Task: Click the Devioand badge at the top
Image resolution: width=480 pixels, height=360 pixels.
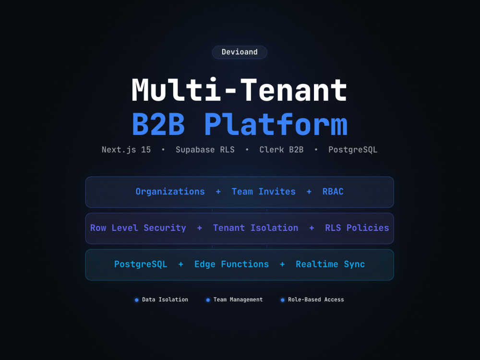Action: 240,52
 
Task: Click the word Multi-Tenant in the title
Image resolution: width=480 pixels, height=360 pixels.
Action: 240,90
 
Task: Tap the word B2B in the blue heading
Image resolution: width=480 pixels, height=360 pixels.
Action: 158,124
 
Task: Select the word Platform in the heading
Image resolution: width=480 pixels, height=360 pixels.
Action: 276,124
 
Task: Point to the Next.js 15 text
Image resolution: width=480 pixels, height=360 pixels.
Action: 126,150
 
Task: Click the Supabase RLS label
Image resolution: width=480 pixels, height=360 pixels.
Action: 205,150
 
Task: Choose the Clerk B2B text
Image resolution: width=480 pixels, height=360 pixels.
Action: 281,150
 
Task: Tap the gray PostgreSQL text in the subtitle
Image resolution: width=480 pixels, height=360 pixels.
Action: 353,150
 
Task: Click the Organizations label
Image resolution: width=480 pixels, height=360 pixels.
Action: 170,192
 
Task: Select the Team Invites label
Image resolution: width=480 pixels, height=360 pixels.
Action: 264,192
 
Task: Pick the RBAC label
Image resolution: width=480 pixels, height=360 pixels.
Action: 333,192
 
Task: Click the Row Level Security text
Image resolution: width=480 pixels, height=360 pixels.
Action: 138,228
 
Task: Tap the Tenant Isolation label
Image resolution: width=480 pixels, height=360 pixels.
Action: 256,228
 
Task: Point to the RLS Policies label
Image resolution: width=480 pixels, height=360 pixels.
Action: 357,228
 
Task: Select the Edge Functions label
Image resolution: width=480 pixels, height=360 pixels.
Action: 231,264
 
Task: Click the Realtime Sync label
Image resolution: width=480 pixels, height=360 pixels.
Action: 330,264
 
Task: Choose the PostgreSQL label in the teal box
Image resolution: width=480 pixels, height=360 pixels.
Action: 141,264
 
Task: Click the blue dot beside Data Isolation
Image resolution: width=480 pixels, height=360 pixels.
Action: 136,300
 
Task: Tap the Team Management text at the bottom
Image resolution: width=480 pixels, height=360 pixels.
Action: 238,300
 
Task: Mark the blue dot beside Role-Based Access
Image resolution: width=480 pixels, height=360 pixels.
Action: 283,300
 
